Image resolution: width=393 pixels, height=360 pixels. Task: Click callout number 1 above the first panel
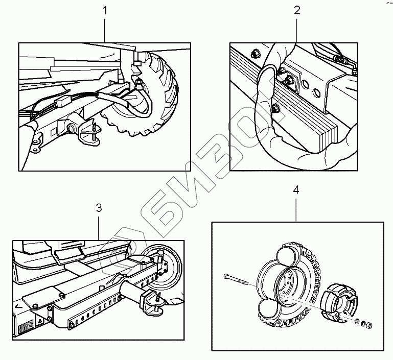(106, 10)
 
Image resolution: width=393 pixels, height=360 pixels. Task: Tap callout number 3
(99, 208)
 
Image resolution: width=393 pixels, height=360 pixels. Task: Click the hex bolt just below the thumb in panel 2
(275, 107)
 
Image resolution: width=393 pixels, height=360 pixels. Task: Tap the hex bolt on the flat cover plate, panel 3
(62, 295)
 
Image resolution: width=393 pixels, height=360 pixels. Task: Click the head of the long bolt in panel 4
(226, 277)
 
